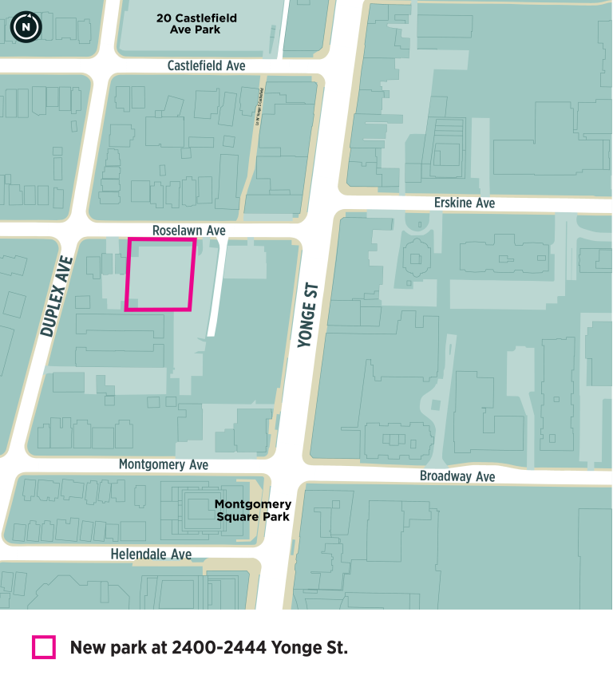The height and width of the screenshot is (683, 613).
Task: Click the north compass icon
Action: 26,26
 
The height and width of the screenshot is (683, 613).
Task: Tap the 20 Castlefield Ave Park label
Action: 196,24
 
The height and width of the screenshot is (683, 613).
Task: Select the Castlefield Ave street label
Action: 206,65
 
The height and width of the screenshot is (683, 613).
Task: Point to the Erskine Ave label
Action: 464,203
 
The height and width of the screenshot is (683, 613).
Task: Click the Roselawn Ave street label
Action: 189,230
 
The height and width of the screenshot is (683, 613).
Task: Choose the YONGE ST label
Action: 307,314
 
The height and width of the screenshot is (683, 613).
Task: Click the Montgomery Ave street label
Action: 164,464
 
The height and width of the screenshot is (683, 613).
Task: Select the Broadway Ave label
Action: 457,476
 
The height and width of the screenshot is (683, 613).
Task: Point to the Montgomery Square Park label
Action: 253,510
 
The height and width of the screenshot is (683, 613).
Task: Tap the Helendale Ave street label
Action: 151,554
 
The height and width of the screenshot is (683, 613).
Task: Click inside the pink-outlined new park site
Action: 160,274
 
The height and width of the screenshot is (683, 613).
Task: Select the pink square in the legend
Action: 43,647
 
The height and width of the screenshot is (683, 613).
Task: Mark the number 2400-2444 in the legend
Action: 219,647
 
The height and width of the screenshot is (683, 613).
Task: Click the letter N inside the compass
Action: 26,27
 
